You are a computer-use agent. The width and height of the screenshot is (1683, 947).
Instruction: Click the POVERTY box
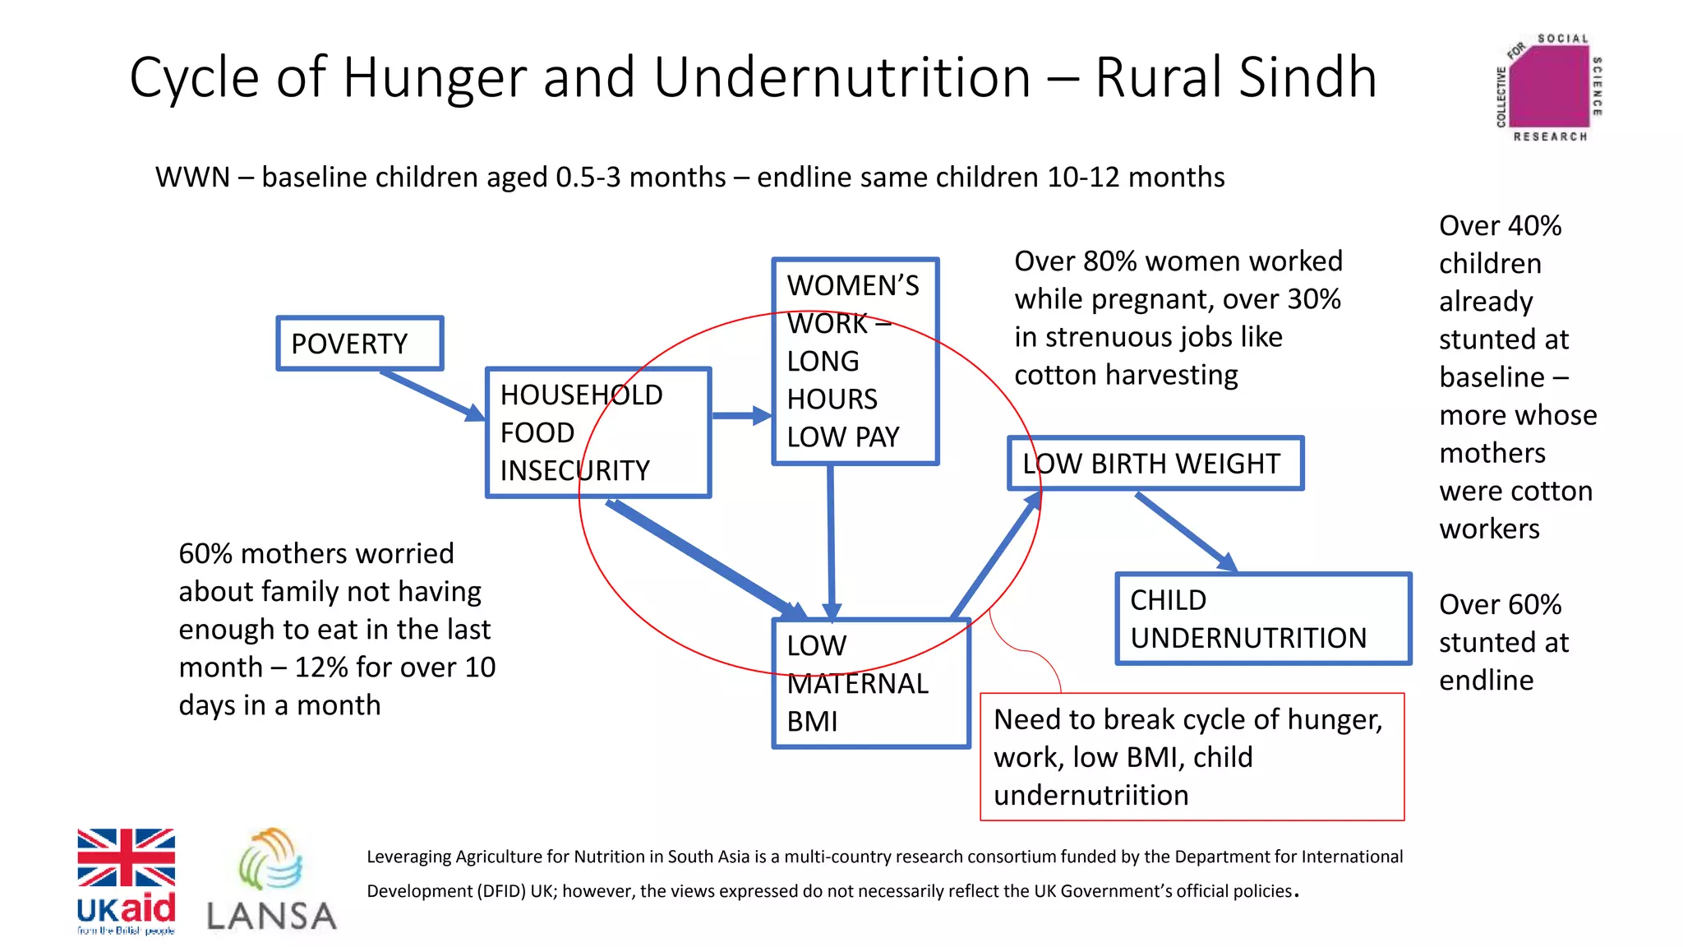pos(359,344)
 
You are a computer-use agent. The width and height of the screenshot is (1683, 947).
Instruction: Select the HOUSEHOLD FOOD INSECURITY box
pos(597,432)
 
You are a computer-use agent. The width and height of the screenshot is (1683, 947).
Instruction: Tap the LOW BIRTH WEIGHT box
pos(1155,464)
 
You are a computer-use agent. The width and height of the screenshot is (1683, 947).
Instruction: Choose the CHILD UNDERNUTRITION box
pos(1262,619)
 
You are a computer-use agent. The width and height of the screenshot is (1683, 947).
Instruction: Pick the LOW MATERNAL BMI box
pos(871,684)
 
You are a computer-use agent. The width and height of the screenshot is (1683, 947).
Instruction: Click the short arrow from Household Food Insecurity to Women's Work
pos(740,416)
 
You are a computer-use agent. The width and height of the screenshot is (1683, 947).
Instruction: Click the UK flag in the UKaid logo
pos(126,857)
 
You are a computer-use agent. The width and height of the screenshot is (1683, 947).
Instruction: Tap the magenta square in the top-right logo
pos(1548,87)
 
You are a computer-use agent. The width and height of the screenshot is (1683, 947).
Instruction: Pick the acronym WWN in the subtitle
pos(192,178)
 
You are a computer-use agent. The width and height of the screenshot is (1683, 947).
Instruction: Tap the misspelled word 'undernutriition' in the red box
pos(1090,796)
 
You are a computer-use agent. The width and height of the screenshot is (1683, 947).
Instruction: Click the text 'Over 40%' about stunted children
pos(1500,226)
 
